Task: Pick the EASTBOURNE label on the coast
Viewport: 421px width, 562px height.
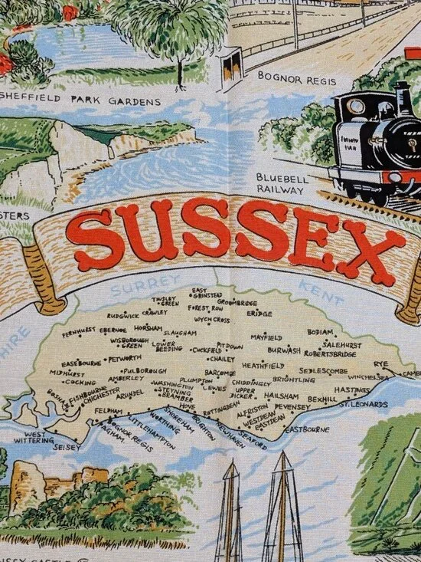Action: pos(306,429)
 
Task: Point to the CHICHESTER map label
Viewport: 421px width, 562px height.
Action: pos(97,399)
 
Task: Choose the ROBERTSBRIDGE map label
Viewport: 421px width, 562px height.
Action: pos(330,354)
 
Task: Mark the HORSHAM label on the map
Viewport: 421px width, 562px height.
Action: pos(148,328)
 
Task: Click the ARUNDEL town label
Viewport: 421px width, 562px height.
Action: pos(130,396)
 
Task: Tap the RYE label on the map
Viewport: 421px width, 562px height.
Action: pos(380,363)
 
